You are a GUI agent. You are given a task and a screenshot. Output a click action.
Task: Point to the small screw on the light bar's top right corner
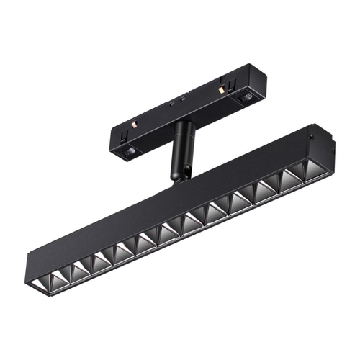coord(310,135)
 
